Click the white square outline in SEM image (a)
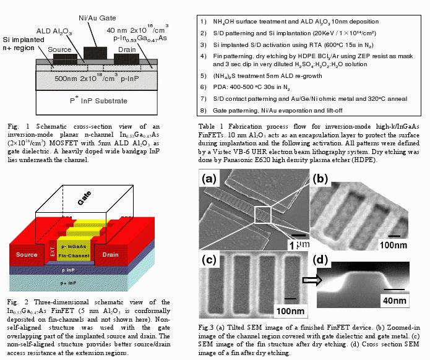click(264, 215)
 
